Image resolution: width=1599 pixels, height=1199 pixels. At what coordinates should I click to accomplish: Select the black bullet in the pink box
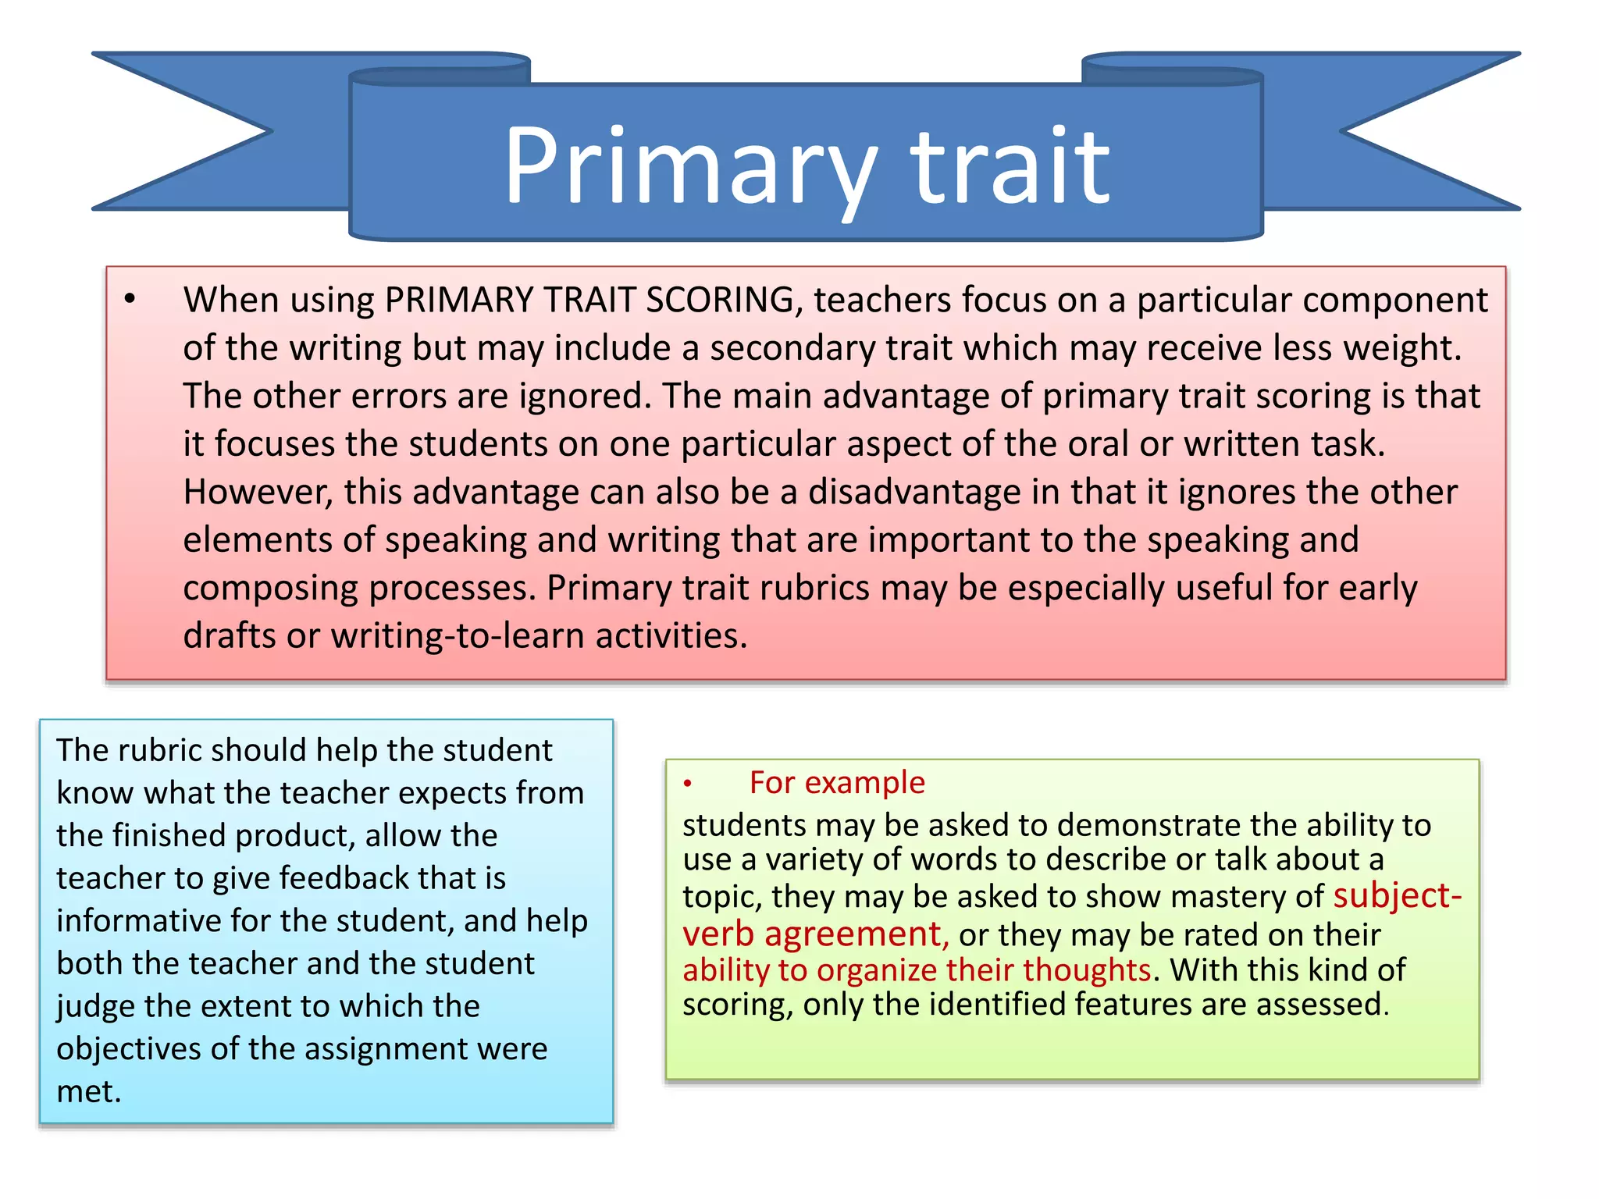coord(130,299)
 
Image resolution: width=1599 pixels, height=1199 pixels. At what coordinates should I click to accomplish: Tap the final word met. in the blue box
coord(88,1091)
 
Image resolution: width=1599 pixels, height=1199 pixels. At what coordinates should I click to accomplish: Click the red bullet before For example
coord(688,783)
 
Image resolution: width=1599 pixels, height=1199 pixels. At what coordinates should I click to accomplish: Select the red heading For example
coord(836,783)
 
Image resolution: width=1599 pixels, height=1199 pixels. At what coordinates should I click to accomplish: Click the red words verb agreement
coord(815,934)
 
